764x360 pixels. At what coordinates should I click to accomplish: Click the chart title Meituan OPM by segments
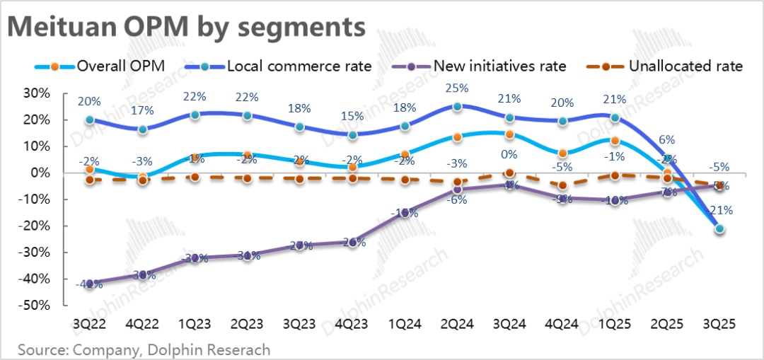coord(187,27)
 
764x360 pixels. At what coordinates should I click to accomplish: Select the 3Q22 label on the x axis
coord(89,324)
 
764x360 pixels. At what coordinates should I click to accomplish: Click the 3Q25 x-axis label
coord(719,324)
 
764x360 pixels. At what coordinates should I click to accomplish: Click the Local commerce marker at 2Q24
coord(458,107)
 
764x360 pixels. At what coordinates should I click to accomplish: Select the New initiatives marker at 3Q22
coord(89,284)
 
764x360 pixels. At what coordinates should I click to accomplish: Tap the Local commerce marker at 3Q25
coord(719,228)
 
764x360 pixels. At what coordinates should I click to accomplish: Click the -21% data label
coord(719,210)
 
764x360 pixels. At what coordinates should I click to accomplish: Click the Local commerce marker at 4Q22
coord(142,129)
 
